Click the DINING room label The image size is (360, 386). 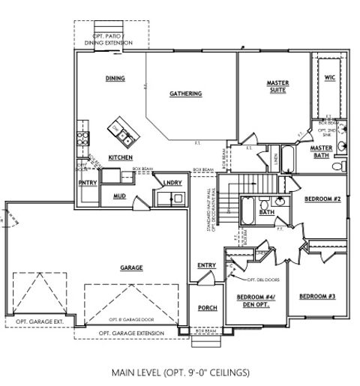tap(115, 79)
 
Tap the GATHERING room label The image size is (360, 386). tap(185, 94)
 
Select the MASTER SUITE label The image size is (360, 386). tap(278, 86)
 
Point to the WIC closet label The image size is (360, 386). tap(330, 78)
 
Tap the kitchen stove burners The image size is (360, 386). tap(82, 137)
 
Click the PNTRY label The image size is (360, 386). tap(87, 182)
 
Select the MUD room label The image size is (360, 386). tap(119, 196)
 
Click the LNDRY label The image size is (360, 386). tap(172, 182)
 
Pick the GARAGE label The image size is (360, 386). tap(131, 268)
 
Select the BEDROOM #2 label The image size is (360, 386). tap(322, 199)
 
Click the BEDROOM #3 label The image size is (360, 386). tap(317, 297)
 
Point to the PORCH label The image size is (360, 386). tap(207, 309)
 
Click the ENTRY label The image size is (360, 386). tap(207, 265)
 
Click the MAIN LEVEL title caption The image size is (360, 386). tap(180, 372)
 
